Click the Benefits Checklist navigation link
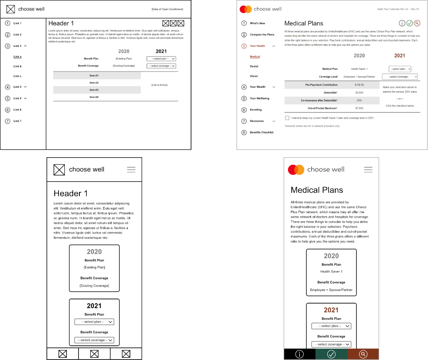pos(261,132)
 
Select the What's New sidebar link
pos(257,23)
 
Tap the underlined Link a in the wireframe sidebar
pos(18,56)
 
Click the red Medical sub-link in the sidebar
pos(255,56)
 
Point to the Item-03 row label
pos(94,90)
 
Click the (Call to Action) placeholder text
pos(159,85)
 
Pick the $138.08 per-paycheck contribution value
pos(359,85)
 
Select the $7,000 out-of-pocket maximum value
pos(359,108)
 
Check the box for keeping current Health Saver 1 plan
pos(287,118)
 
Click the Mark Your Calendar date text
pos(397,9)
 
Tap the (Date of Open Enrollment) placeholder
pos(167,9)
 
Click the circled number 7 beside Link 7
pos(8,121)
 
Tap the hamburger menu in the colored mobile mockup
pos(368,169)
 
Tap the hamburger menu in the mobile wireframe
pos(131,169)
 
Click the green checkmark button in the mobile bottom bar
pos(331,354)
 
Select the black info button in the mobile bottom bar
pos(299,354)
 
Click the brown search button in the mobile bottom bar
pos(363,354)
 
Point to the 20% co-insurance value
pos(359,100)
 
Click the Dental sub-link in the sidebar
pos(254,66)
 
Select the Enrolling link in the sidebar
pos(255,110)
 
